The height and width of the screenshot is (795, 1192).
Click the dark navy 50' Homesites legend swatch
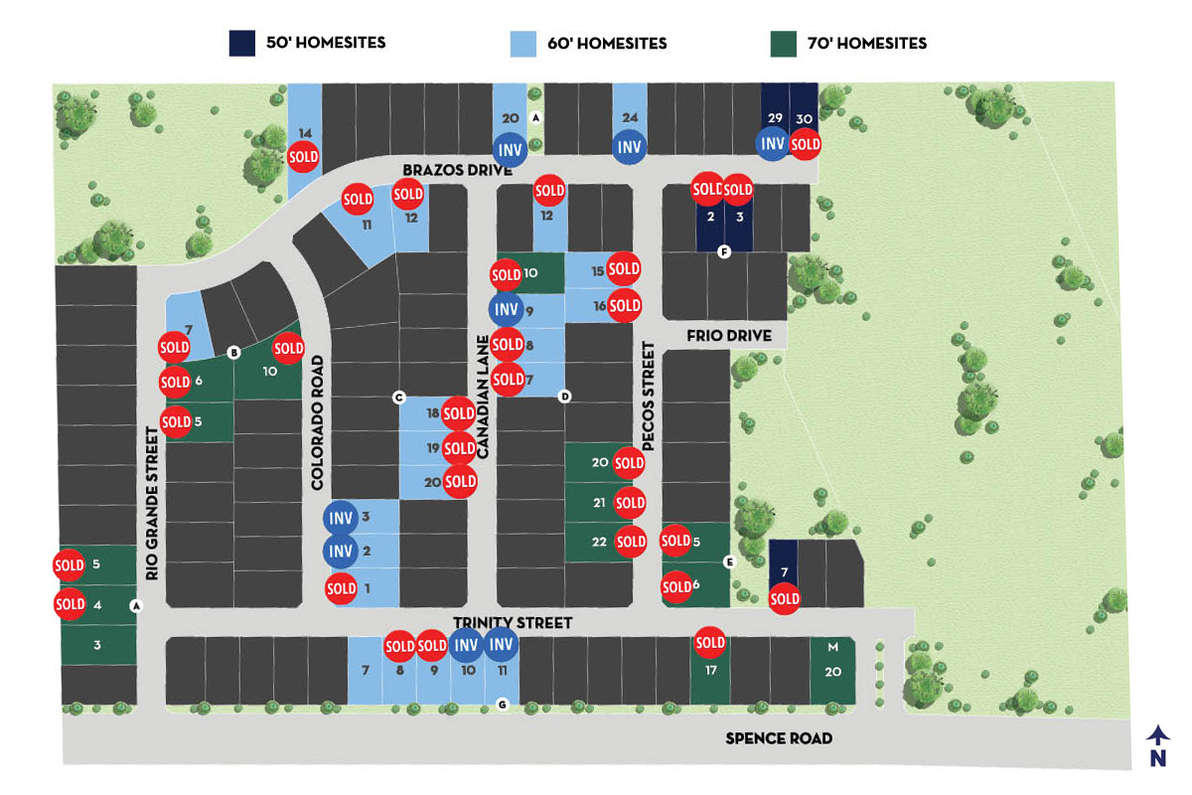(x=242, y=43)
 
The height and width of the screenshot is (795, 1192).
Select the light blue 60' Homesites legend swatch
(x=523, y=44)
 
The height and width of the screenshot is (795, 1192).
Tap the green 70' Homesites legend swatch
(x=784, y=44)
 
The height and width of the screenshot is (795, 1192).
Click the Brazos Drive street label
(x=458, y=170)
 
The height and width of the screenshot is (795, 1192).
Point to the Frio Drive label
(x=729, y=336)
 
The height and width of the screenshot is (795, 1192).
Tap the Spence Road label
(x=779, y=738)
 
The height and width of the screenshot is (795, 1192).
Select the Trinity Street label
(x=513, y=622)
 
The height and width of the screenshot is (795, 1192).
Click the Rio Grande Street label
(x=152, y=503)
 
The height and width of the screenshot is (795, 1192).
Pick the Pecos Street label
(x=648, y=397)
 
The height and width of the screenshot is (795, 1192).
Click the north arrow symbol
(x=1158, y=746)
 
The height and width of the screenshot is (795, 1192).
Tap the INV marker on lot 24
(x=630, y=147)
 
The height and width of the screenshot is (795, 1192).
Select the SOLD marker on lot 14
(x=303, y=157)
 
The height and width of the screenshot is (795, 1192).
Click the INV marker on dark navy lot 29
(x=773, y=143)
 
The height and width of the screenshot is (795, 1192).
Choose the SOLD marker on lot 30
(x=806, y=144)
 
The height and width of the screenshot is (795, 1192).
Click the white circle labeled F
(x=724, y=251)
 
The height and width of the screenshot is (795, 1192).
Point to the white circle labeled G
(x=502, y=705)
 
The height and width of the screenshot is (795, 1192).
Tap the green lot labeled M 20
(x=832, y=671)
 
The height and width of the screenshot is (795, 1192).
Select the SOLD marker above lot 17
(x=710, y=643)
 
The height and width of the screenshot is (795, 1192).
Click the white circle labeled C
(x=399, y=397)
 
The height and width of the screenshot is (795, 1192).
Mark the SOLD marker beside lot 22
(x=631, y=542)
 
